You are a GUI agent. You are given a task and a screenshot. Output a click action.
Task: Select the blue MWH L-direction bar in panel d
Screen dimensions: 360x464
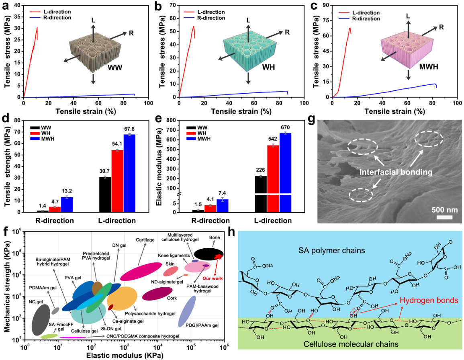[x=129, y=173]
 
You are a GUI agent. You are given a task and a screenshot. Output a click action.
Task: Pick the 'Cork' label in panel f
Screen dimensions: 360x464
[x=172, y=298]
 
